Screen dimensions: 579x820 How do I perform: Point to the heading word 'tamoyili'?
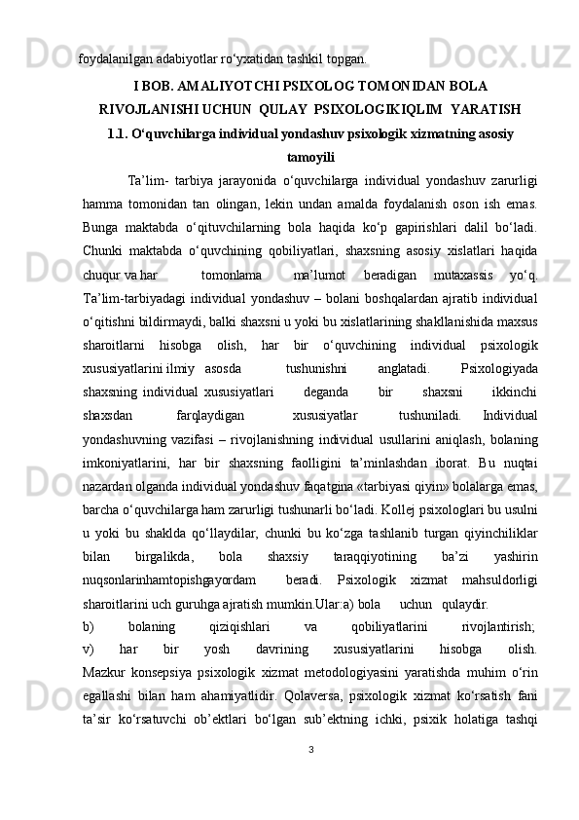pyautogui.click(x=310, y=156)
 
